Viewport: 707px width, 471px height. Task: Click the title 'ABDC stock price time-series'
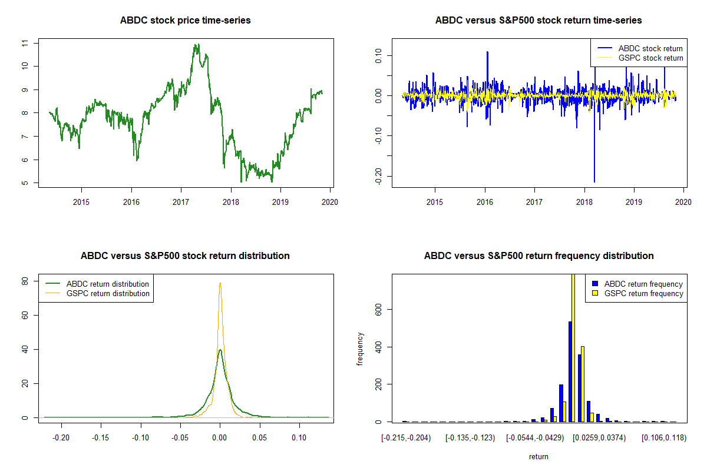(185, 21)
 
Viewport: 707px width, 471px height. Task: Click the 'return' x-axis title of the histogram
(538, 456)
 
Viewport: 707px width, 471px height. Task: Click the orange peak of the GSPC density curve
(220, 283)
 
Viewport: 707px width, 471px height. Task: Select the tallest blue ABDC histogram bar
(570, 371)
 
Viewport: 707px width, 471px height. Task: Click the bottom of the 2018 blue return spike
(594, 181)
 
